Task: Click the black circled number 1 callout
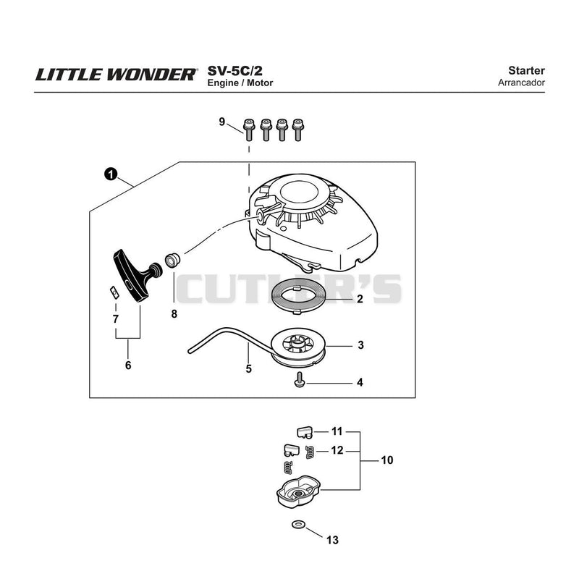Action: click(x=111, y=174)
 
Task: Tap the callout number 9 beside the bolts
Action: click(x=222, y=122)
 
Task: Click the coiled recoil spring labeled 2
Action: click(x=297, y=295)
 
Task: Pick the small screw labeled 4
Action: click(x=300, y=380)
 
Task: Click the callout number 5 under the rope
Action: click(x=249, y=368)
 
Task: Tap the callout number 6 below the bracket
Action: click(x=128, y=365)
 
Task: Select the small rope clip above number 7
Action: click(x=115, y=292)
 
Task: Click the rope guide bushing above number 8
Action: click(x=172, y=261)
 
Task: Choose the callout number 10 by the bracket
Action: click(x=387, y=460)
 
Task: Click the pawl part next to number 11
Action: click(x=305, y=432)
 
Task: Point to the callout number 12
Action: click(x=337, y=450)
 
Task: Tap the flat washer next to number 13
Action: click(x=297, y=524)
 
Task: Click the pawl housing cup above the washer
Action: click(x=298, y=492)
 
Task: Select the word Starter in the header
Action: click(x=526, y=70)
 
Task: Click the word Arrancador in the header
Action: click(x=521, y=83)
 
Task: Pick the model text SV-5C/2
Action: click(x=234, y=70)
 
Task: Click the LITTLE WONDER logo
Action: click(x=116, y=75)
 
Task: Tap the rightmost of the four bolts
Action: click(x=297, y=130)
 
